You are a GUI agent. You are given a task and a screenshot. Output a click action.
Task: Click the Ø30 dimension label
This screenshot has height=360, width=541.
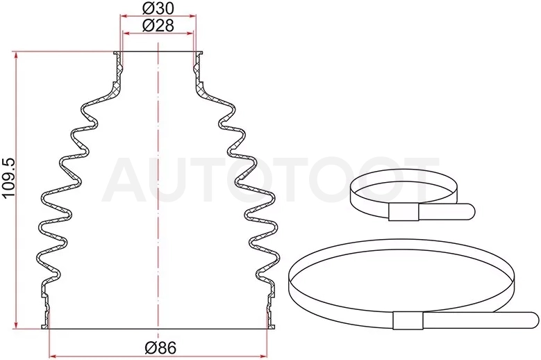[158, 8]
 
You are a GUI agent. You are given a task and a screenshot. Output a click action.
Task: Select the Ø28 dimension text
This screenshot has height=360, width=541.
[158, 26]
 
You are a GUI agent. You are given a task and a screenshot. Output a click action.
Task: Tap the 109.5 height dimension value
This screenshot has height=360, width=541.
[9, 178]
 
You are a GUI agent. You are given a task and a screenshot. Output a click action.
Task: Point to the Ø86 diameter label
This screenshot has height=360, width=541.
[160, 348]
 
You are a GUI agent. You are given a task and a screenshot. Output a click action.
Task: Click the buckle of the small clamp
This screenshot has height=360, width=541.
[403, 212]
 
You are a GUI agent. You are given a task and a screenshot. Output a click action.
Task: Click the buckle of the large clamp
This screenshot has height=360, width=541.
[408, 320]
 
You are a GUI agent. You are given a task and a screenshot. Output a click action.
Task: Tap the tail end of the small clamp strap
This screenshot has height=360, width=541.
[469, 211]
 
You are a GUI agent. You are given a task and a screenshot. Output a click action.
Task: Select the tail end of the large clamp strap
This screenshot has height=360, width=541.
[533, 320]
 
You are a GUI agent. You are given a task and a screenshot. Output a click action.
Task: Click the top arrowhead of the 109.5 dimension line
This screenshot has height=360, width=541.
[16, 56]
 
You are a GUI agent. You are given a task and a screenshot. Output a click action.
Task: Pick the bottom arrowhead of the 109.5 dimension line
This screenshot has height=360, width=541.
[16, 325]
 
